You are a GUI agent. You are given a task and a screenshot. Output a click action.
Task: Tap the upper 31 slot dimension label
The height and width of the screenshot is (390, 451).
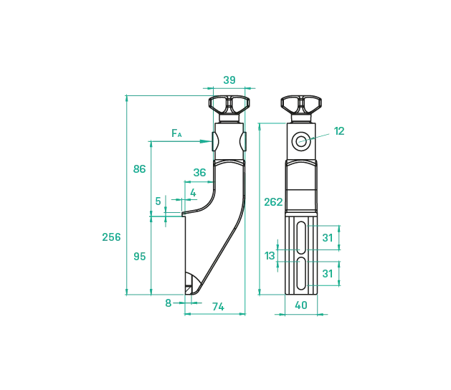pyautogui.click(x=328, y=237)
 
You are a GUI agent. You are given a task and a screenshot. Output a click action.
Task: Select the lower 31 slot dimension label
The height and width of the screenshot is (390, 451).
pyautogui.click(x=328, y=274)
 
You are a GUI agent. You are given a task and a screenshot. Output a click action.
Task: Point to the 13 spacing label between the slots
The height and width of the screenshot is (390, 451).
pyautogui.click(x=270, y=254)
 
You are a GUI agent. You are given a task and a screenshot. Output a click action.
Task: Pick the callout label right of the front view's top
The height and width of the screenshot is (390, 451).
pyautogui.click(x=338, y=131)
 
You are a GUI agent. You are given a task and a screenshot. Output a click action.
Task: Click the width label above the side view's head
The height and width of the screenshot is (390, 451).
pyautogui.click(x=229, y=80)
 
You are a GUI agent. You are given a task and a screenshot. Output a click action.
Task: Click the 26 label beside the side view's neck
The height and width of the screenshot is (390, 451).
pyautogui.click(x=199, y=171)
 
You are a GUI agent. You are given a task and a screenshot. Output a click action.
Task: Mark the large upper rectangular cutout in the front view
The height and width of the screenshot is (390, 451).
pyautogui.click(x=301, y=176)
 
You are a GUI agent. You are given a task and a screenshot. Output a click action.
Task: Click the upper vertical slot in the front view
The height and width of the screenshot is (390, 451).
pyautogui.click(x=301, y=236)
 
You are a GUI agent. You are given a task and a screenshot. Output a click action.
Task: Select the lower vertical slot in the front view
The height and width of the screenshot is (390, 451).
pyautogui.click(x=301, y=272)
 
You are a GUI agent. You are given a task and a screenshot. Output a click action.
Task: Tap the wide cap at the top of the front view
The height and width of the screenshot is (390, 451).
pyautogui.click(x=301, y=101)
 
